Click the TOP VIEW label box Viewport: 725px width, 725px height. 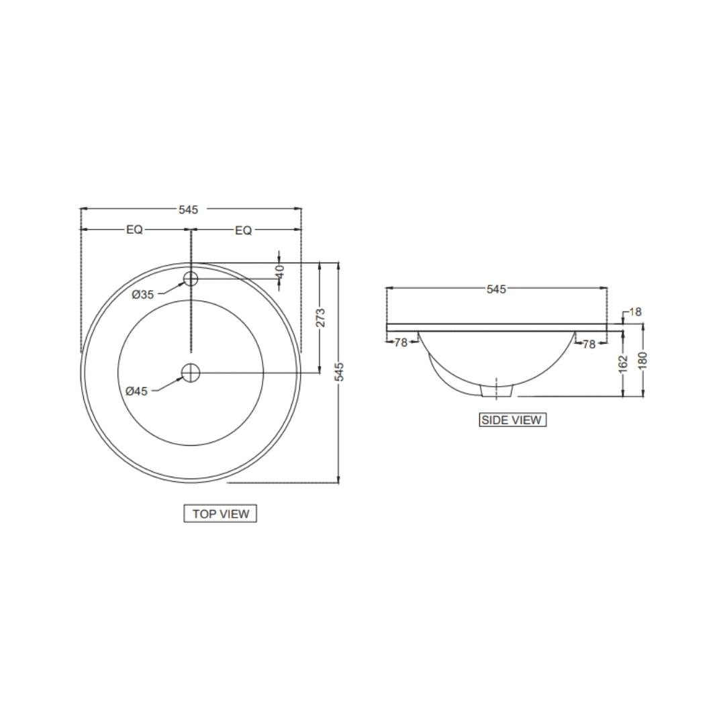pos(220,514)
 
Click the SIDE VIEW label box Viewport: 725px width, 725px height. pos(512,420)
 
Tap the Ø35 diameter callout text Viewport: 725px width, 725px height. pos(143,294)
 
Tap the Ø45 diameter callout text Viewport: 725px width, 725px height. pos(137,391)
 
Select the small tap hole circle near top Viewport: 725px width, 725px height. pos(191,279)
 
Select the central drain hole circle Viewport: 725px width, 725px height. pos(191,373)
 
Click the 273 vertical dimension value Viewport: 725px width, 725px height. pos(320,318)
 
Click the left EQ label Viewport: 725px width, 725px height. pos(134,230)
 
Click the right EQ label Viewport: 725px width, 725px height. pos(243,230)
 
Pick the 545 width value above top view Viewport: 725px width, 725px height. pos(188,209)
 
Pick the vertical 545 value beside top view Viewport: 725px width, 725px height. pos(340,372)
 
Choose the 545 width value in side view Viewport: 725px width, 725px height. pos(496,289)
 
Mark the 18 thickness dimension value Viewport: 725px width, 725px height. pos(635,311)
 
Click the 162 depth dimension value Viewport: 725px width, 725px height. pos(624,362)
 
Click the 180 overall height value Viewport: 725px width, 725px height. pos(643,360)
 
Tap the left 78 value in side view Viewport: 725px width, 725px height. pos(401,342)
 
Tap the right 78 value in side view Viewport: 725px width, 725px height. pos(589,344)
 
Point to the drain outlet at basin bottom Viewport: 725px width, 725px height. pos(497,389)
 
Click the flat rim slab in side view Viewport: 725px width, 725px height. pos(497,328)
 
